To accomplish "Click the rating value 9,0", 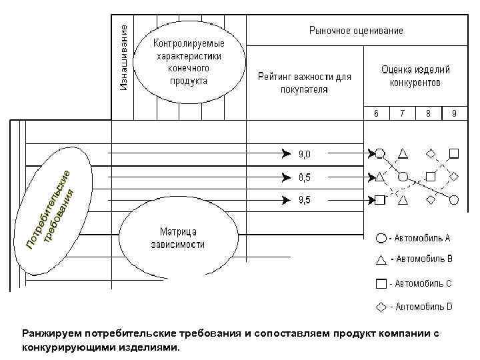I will tap(304, 154).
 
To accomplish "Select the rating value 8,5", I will tap(304, 177).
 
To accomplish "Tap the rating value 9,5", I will tap(304, 199).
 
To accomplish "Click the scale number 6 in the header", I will tap(376, 113).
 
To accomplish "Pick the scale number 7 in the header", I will tap(402, 113).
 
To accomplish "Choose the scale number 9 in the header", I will tap(454, 113).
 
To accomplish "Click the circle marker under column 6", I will tap(379, 153).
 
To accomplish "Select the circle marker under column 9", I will tap(454, 199).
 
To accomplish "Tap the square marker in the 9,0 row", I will tap(454, 153).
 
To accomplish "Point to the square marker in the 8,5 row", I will tap(430, 177).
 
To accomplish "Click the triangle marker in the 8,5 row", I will tap(379, 177).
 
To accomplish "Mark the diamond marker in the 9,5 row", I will tap(430, 199).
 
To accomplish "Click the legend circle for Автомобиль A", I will tap(380, 237).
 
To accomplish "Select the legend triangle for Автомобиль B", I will tap(380, 259).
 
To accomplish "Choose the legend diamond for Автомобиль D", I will tap(380, 307).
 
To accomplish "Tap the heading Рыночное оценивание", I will tap(356, 31).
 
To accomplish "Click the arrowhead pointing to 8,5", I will tap(286, 177).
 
